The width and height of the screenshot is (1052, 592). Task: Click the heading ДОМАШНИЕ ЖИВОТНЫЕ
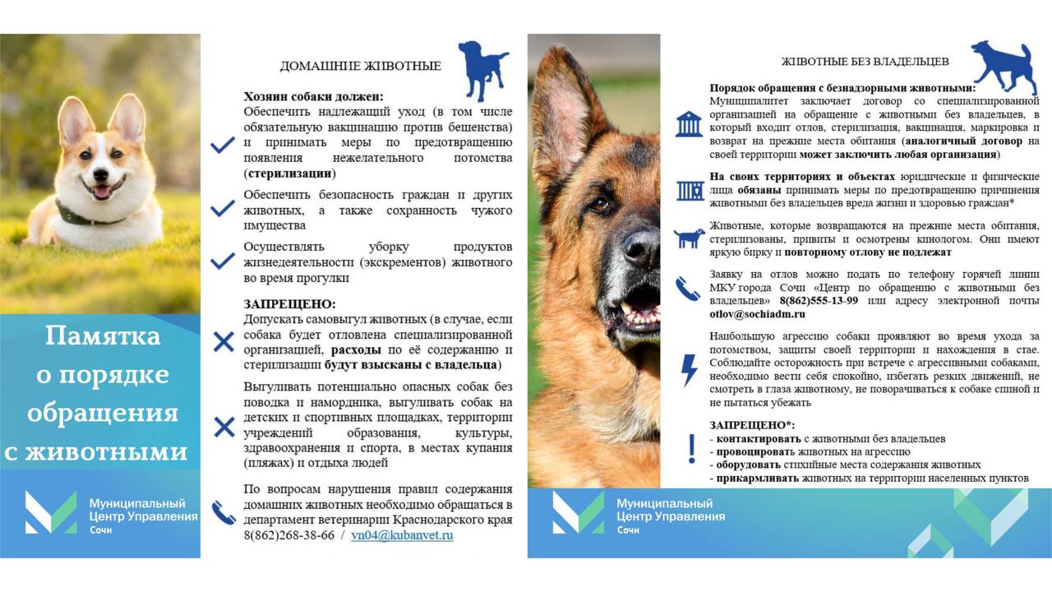(360, 67)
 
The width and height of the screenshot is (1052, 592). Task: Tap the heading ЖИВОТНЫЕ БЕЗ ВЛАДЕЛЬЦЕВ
(865, 62)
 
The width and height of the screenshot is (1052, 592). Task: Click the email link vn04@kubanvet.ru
(402, 535)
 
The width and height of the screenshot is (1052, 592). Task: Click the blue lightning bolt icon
(690, 370)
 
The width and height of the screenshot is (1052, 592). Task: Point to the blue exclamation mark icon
(691, 450)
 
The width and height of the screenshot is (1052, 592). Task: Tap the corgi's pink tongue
(102, 192)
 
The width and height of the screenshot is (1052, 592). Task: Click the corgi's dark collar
(82, 217)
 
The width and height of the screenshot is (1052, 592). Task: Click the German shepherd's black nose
(641, 246)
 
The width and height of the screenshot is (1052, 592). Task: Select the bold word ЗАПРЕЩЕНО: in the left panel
(289, 304)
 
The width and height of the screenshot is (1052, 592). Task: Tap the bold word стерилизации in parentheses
(290, 173)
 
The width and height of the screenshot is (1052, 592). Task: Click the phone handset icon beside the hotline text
(688, 289)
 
